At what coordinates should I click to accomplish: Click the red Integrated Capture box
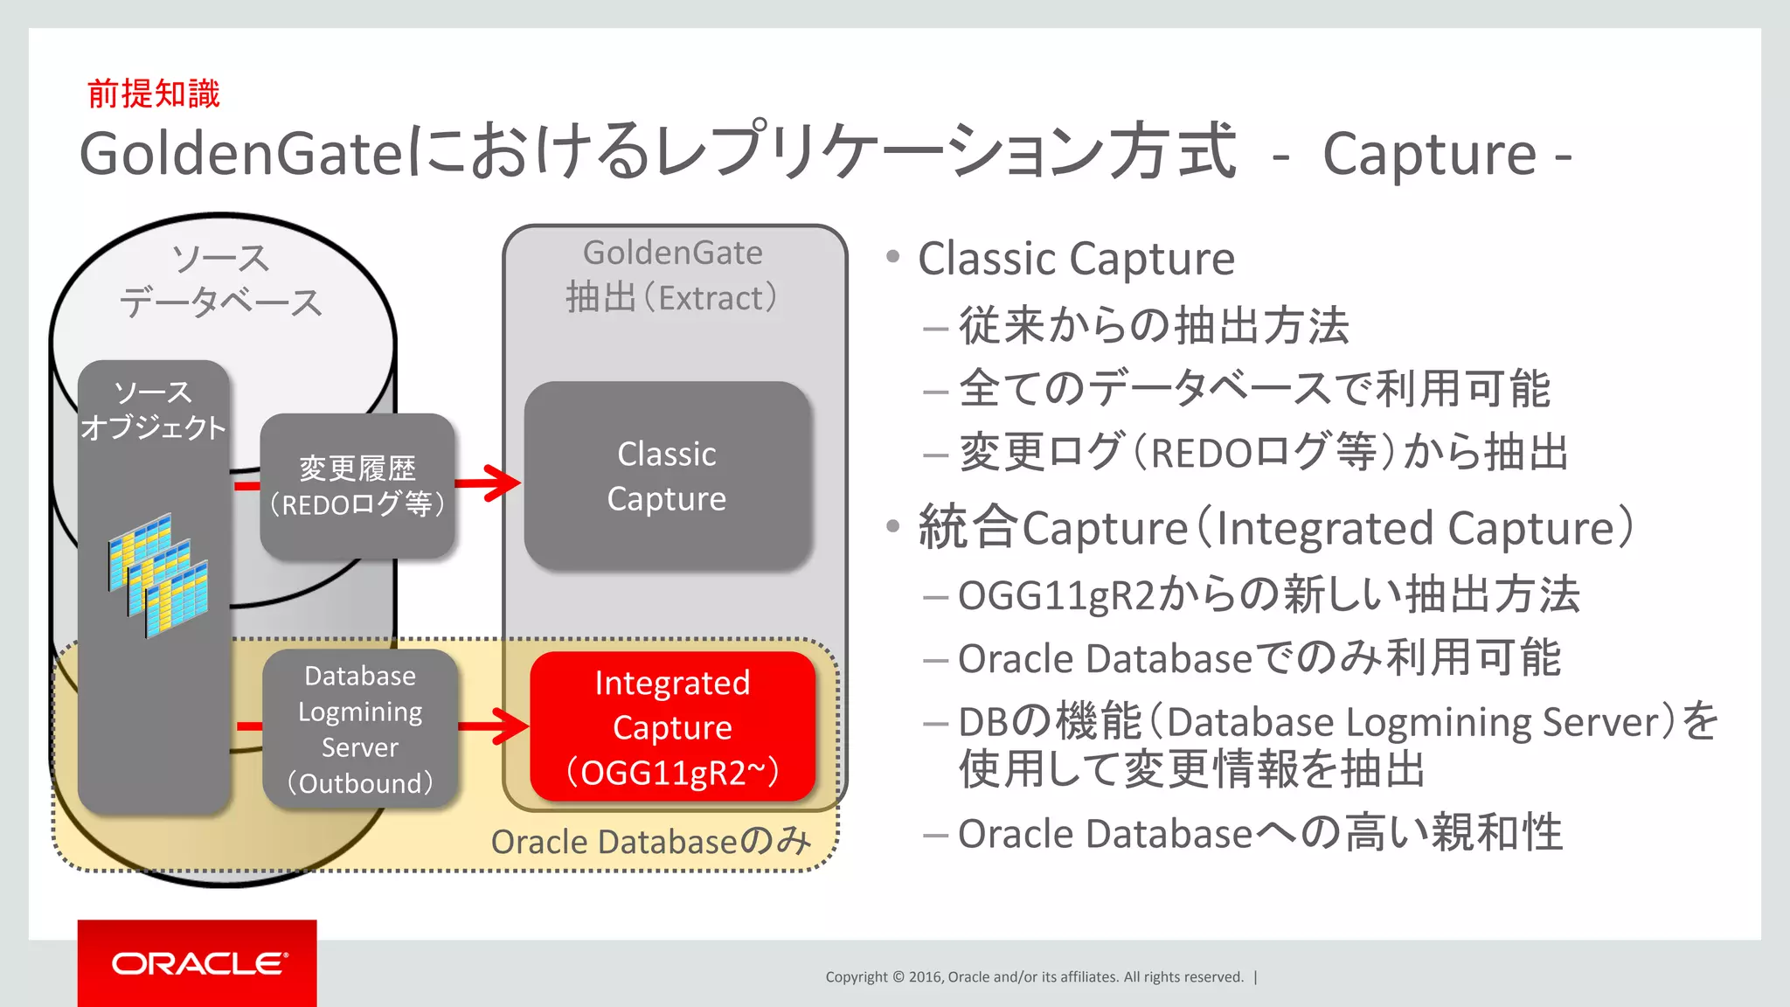coord(671,726)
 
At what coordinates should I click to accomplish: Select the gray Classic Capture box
coord(667,476)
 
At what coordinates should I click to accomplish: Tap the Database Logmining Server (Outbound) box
coord(359,728)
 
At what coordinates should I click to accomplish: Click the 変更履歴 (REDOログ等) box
coord(357,486)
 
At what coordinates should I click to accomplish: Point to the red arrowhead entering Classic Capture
coord(505,483)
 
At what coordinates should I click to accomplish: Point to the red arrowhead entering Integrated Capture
coord(514,726)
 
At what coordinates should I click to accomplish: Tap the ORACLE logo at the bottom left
coord(198,963)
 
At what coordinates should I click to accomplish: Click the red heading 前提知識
coord(154,94)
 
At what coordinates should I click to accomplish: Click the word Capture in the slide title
coord(1428,154)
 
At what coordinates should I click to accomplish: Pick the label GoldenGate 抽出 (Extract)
coord(672,275)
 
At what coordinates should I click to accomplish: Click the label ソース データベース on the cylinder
coord(220,281)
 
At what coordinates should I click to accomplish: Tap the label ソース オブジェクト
coord(153,409)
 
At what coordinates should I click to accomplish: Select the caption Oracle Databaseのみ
coord(650,841)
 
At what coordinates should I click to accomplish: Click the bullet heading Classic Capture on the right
coord(1075,259)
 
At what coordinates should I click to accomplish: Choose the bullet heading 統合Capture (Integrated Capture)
coord(1274,528)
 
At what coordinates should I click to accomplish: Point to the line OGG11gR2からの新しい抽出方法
coord(1267,595)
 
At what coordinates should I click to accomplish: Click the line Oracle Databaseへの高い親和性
coord(1259,833)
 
